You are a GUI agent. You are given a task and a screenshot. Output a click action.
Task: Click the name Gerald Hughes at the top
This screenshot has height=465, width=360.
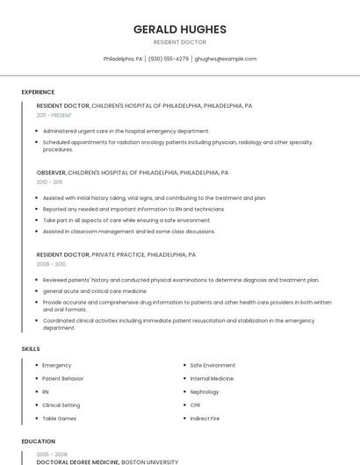[x=179, y=29]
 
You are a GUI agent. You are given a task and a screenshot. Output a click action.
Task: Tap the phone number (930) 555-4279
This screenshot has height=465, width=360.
[x=169, y=59]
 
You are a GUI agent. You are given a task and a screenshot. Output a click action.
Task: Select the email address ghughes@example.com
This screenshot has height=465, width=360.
[x=226, y=59]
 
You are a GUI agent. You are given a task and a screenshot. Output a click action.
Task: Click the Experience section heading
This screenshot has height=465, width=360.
[x=38, y=92]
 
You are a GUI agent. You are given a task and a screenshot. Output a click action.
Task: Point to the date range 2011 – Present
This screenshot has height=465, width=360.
[x=54, y=115]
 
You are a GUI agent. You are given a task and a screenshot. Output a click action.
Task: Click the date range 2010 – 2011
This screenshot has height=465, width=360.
[x=49, y=182]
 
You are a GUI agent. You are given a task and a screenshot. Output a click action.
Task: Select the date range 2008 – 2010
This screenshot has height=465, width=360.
[x=51, y=263]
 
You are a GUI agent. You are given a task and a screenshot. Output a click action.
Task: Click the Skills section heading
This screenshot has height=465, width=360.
[x=30, y=349]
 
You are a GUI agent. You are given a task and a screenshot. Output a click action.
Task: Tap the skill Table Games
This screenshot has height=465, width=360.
[x=60, y=418]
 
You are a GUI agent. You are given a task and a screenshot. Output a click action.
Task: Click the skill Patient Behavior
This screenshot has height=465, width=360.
[x=63, y=378]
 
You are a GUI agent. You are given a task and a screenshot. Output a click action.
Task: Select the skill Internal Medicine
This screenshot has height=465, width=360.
[x=212, y=378]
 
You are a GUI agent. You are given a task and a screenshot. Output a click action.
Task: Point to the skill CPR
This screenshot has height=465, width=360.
[x=195, y=405]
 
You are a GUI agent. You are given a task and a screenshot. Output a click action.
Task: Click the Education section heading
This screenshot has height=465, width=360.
[x=38, y=441]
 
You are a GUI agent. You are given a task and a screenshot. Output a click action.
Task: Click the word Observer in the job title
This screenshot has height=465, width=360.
[x=51, y=173]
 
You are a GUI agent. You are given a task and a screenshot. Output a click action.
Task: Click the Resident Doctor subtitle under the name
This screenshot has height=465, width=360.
[x=179, y=42]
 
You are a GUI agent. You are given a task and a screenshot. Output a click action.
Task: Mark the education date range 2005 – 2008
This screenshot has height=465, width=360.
[x=51, y=454]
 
